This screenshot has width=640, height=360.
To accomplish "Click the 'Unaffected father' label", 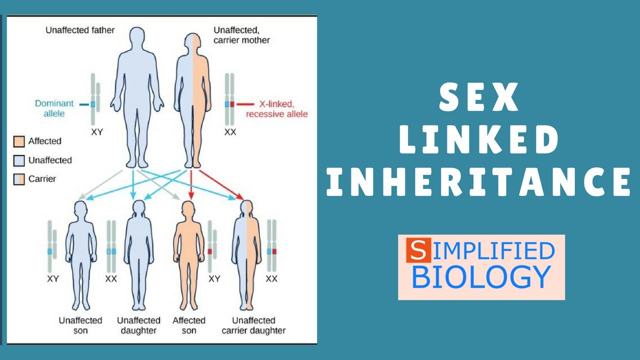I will (80, 30).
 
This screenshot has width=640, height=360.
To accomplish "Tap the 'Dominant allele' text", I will (54, 108).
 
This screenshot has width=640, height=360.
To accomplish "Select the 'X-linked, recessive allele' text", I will (276, 109).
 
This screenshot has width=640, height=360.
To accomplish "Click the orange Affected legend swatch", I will (19, 141).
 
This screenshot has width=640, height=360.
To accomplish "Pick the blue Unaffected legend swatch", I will (19, 160).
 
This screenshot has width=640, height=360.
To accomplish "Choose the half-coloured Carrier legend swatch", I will (19, 179).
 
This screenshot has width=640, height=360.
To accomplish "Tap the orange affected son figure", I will (188, 255).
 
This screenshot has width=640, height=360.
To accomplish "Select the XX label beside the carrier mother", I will (230, 132).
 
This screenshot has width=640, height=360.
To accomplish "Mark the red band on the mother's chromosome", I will (232, 104).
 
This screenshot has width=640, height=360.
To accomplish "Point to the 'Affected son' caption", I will (189, 325).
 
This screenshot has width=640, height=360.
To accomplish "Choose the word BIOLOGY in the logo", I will (481, 276).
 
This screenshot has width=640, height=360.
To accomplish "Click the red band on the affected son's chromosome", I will (210, 251).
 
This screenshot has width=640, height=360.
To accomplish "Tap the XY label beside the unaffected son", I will (52, 278).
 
